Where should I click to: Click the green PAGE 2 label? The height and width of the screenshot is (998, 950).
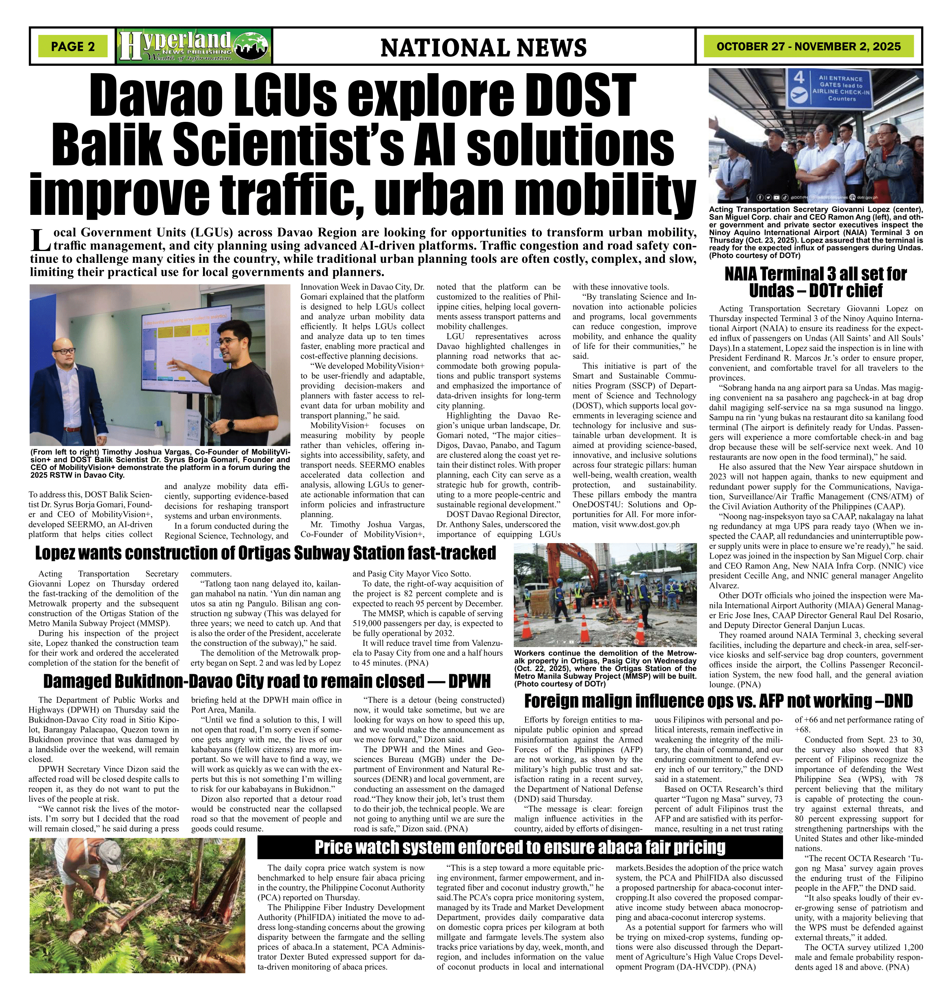coord(73,47)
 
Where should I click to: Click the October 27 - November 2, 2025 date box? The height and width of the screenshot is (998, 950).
coord(808,47)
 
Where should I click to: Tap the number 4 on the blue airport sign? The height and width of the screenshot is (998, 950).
coord(799,79)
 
